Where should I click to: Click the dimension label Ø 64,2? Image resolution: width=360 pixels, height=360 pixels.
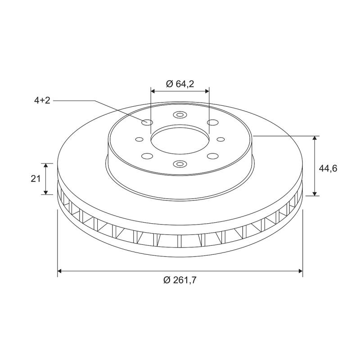coord(180,84)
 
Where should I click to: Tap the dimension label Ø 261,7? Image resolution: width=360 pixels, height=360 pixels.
coord(180,280)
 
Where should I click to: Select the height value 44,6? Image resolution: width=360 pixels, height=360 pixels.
coord(328,168)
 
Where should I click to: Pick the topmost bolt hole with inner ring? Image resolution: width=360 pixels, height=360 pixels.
coord(180,115)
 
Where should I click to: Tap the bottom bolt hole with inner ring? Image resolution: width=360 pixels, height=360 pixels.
coord(180,164)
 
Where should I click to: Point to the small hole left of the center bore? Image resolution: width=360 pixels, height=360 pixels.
coord(139,139)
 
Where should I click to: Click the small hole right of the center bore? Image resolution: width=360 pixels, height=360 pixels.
coord(221,139)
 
